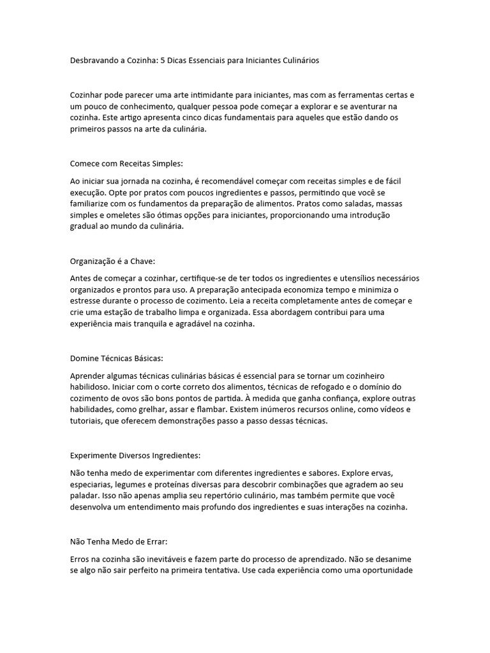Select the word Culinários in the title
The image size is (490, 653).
[x=297, y=61]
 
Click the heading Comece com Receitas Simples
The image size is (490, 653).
[x=126, y=163]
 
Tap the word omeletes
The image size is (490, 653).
[x=120, y=215]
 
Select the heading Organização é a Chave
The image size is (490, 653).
[x=112, y=261]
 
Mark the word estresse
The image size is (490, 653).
[x=86, y=302]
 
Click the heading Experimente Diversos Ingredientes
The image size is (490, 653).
[x=135, y=456]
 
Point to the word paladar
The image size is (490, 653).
[x=85, y=497]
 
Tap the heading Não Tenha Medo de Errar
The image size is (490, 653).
[x=119, y=542]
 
